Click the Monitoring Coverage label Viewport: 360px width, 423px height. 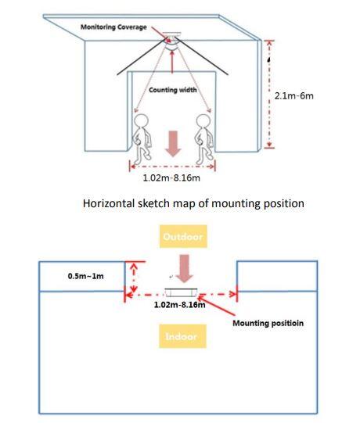113,27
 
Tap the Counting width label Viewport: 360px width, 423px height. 173,90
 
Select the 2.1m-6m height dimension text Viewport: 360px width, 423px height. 293,95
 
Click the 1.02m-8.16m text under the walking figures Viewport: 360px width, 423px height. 171,177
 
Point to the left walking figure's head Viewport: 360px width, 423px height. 141,120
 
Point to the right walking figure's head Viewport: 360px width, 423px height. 203,120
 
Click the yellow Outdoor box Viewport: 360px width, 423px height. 183,236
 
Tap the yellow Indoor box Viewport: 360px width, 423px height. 182,336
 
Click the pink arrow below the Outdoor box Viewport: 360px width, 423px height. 184,269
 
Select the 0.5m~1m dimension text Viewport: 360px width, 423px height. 86,276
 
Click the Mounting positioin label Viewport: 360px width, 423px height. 268,323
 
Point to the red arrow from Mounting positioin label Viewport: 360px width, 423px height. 216,306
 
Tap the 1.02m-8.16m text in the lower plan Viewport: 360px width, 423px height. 179,305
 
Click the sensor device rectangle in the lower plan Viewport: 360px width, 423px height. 181,292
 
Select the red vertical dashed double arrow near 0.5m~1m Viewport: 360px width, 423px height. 133,278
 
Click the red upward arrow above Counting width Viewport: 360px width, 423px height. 172,62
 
